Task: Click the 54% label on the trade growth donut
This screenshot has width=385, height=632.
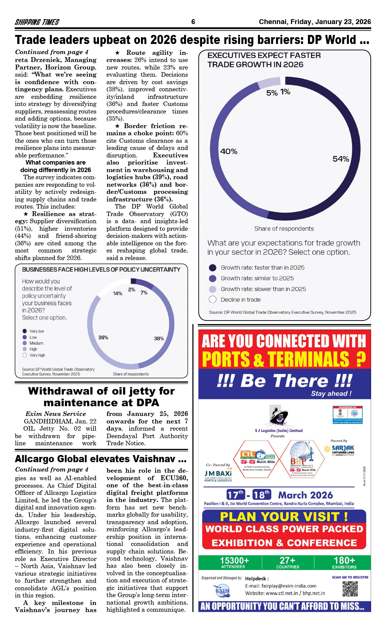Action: click(x=341, y=159)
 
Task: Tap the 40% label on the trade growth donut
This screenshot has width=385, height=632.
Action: click(x=229, y=151)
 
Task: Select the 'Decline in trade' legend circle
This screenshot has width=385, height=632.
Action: click(x=212, y=299)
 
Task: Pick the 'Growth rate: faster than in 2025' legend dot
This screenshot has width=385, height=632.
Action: click(x=212, y=268)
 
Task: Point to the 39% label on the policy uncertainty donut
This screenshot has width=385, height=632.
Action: click(x=103, y=337)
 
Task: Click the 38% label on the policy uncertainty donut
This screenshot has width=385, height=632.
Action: click(x=159, y=338)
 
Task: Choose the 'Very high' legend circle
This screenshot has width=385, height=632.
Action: click(x=25, y=355)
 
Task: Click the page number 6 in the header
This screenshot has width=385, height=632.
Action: click(x=193, y=22)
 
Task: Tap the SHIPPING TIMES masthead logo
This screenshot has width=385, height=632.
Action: click(x=37, y=22)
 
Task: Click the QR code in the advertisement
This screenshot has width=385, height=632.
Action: click(x=350, y=589)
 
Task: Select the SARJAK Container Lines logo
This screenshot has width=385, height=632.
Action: click(x=340, y=449)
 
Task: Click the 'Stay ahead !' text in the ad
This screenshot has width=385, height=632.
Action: click(x=331, y=393)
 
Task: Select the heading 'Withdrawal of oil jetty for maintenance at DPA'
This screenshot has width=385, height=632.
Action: click(x=101, y=397)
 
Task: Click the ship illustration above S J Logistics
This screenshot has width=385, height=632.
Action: click(x=279, y=416)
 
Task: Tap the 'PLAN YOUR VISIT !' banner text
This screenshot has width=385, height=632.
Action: click(x=284, y=517)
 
